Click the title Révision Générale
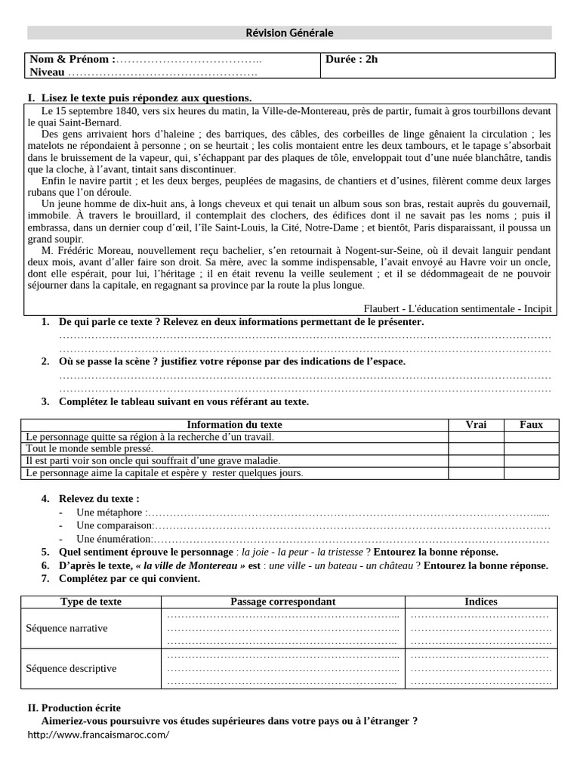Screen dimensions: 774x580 (289, 33)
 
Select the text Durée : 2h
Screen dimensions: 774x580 (351, 60)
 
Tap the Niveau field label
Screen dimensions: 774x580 (47, 72)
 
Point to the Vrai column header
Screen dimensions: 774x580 (476, 425)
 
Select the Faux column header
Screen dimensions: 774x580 (531, 425)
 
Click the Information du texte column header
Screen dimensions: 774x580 (234, 425)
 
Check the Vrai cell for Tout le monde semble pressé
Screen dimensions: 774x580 (476, 449)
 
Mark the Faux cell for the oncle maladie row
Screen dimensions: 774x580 (531, 460)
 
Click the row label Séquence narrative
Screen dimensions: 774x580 (67, 628)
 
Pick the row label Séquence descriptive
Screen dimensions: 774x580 (71, 668)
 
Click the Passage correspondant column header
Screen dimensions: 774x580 (283, 602)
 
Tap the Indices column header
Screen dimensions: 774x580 (480, 602)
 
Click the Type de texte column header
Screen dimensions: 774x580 (91, 602)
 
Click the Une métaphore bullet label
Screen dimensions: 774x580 (109, 512)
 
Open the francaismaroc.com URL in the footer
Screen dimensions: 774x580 (98, 735)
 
